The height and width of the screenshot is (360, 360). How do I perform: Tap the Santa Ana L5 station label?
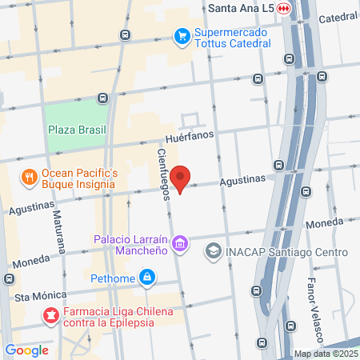coord(239,8)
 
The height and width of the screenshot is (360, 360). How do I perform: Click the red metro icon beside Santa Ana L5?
coord(283,8)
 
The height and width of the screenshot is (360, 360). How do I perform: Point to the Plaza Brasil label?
coord(77,129)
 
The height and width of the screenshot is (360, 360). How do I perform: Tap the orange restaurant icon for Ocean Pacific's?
coord(29,178)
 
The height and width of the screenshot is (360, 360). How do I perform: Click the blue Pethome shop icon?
coord(146,278)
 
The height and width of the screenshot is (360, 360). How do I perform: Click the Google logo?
coord(26,350)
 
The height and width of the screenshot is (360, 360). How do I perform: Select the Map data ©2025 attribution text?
coord(325,354)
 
